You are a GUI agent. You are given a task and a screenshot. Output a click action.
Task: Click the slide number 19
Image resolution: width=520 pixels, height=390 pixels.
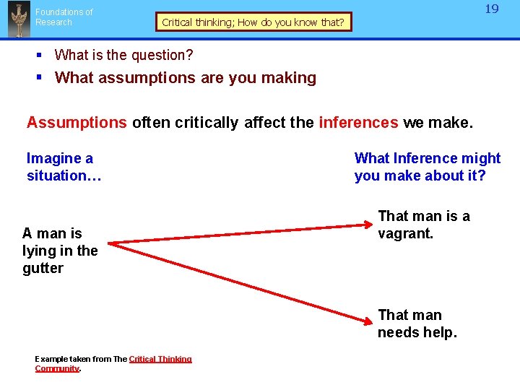point(491,9)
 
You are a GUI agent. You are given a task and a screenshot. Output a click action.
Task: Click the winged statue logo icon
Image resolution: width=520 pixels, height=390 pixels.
point(18,19)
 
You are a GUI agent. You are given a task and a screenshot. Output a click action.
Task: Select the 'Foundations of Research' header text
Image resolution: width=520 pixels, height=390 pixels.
point(64,17)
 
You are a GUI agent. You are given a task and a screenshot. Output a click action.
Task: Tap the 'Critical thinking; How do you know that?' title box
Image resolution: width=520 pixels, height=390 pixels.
point(253,22)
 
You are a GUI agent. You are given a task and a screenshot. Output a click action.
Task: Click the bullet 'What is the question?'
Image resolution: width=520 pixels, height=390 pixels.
point(123,55)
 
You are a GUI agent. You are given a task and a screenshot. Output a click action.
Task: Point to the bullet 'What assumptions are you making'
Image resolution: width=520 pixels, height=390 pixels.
point(185,77)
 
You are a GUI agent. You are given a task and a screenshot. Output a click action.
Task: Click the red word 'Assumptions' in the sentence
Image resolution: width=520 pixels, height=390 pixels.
point(77,122)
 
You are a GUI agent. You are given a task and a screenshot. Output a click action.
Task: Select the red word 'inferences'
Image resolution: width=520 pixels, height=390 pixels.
point(357,122)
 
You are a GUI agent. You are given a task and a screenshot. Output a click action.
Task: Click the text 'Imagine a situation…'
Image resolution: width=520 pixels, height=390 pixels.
point(60,167)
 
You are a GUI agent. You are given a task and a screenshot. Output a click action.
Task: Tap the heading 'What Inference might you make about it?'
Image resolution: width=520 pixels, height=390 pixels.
point(427,167)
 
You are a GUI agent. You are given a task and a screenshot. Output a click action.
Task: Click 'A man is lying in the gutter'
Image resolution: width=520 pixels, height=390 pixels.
point(60,251)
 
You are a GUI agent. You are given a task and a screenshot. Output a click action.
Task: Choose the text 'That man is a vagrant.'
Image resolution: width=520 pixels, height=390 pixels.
point(423,225)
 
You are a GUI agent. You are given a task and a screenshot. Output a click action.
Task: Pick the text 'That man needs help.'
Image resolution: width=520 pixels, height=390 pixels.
point(417,324)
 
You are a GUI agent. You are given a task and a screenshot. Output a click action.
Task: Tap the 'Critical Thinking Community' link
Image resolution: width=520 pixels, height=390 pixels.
point(160,359)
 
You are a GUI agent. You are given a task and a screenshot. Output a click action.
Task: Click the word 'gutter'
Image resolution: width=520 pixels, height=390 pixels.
point(43,268)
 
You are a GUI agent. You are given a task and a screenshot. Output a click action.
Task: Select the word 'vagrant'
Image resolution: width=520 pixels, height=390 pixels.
point(405,233)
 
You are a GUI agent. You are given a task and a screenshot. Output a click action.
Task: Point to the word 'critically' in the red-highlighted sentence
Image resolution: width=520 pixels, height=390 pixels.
point(204,122)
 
